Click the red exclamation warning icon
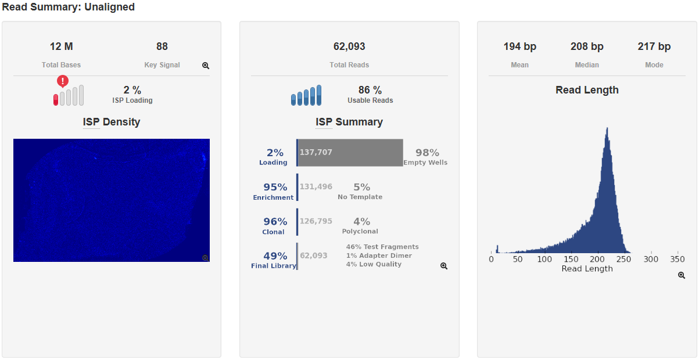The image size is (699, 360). point(63,81)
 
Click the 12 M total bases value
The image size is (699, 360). point(62,46)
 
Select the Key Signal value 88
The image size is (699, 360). point(162,46)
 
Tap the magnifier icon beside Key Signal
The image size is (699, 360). point(206,66)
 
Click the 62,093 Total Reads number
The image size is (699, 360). point(349,46)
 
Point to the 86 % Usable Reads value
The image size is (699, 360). point(370,90)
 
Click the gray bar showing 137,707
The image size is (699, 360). point(350,153)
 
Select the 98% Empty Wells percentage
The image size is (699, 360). point(427,153)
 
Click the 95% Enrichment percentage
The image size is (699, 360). point(275,187)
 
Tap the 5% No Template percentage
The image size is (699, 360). point(361,187)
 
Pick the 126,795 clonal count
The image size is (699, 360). point(316,221)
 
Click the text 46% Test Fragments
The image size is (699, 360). point(382,247)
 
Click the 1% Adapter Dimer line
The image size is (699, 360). point(379,255)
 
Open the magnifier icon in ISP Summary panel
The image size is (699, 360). point(444,266)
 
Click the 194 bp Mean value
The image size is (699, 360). point(520,46)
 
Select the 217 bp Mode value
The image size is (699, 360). point(654,46)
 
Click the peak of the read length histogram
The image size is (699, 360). point(607,128)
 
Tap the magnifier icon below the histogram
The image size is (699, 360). point(682,275)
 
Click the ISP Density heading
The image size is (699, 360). point(112,122)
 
